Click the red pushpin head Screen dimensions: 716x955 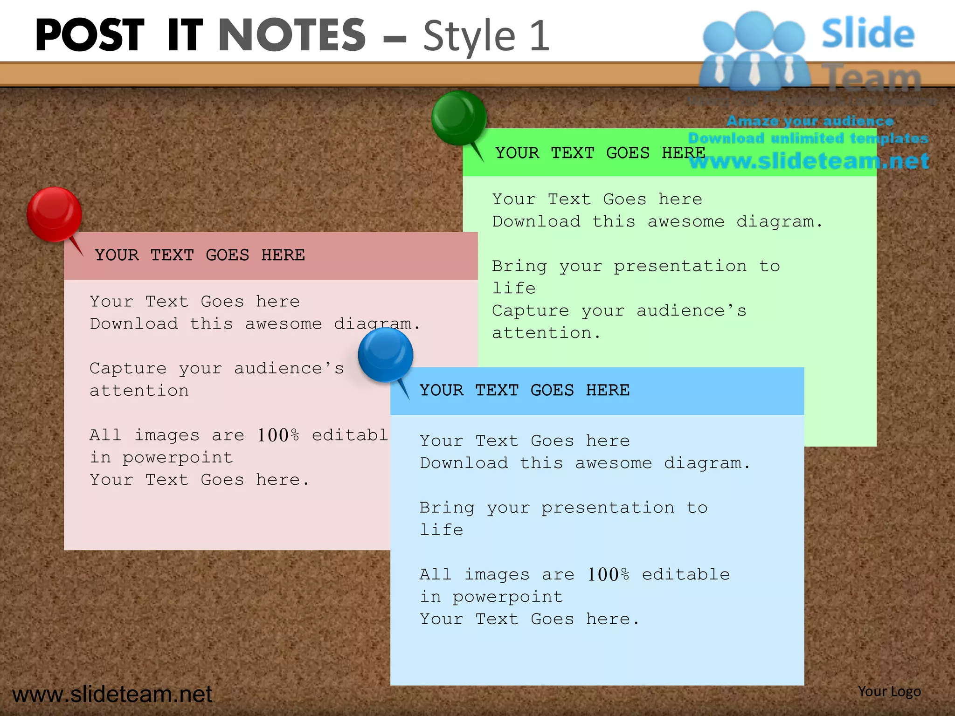point(54,214)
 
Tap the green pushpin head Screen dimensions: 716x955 point(459,117)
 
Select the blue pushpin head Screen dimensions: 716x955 point(385,354)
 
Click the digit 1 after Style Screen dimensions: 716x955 point(540,36)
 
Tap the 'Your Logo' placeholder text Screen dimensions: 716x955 point(889,691)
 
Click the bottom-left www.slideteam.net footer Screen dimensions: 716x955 point(112,694)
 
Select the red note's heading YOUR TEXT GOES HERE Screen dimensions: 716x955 point(200,255)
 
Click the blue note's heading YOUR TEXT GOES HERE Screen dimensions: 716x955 point(525,390)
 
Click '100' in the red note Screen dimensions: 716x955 point(273,435)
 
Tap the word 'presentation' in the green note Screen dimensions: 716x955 point(680,266)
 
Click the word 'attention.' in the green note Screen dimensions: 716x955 point(546,333)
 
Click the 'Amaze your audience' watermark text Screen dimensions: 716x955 point(810,121)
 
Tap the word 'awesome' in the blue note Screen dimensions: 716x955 point(613,463)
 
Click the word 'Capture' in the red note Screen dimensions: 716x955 point(128,369)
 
